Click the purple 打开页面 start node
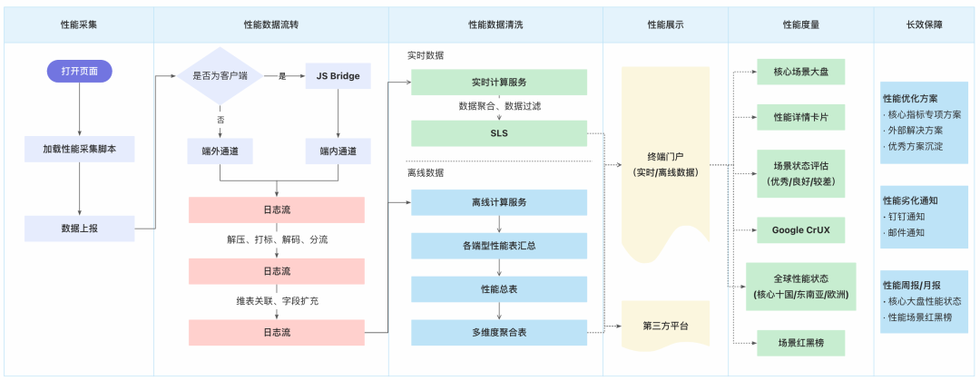[x=79, y=71]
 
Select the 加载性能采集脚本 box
[x=79, y=149]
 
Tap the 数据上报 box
[x=79, y=228]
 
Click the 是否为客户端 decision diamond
[x=220, y=76]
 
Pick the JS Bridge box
[x=338, y=76]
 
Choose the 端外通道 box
[x=220, y=150]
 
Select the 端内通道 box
[x=338, y=150]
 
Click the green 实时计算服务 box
[x=498, y=83]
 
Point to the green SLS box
[x=498, y=134]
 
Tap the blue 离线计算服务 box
[x=498, y=202]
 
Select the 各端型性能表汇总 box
[x=498, y=246]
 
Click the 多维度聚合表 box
[x=498, y=333]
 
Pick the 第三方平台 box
[x=664, y=326]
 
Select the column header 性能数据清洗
[x=495, y=25]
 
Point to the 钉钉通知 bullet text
[x=907, y=217]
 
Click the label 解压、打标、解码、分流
[x=277, y=239]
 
